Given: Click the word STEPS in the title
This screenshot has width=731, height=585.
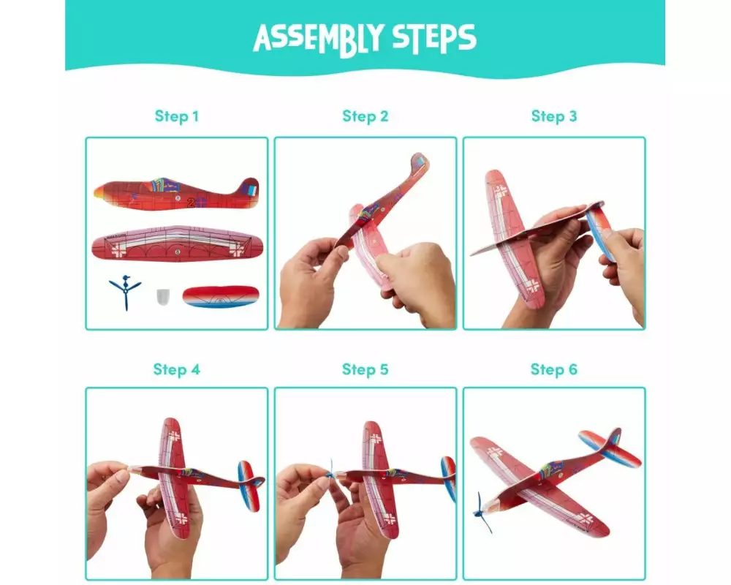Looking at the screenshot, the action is click(x=434, y=37).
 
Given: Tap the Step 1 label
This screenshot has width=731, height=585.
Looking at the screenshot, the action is click(x=177, y=116).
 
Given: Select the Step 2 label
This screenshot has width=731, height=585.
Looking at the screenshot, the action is click(x=365, y=116).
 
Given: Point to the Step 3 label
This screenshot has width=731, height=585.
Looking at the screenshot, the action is click(x=554, y=116).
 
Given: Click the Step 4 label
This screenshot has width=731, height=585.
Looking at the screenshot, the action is click(x=177, y=369).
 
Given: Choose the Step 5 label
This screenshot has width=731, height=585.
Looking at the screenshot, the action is click(x=365, y=369).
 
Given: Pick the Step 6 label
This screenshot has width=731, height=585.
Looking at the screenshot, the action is click(x=554, y=369).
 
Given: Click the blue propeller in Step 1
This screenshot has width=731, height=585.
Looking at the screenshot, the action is click(x=126, y=292).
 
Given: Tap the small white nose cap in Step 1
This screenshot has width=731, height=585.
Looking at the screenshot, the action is click(x=163, y=297).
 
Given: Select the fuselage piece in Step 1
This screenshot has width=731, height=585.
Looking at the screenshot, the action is click(x=177, y=194).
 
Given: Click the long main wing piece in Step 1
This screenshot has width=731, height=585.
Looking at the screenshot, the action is click(x=177, y=244).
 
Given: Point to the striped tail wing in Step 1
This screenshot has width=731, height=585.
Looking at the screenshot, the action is click(x=221, y=296).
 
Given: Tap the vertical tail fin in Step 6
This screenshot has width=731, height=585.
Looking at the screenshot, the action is click(x=612, y=441).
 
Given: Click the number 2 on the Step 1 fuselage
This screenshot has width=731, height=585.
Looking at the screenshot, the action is click(x=191, y=203).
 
